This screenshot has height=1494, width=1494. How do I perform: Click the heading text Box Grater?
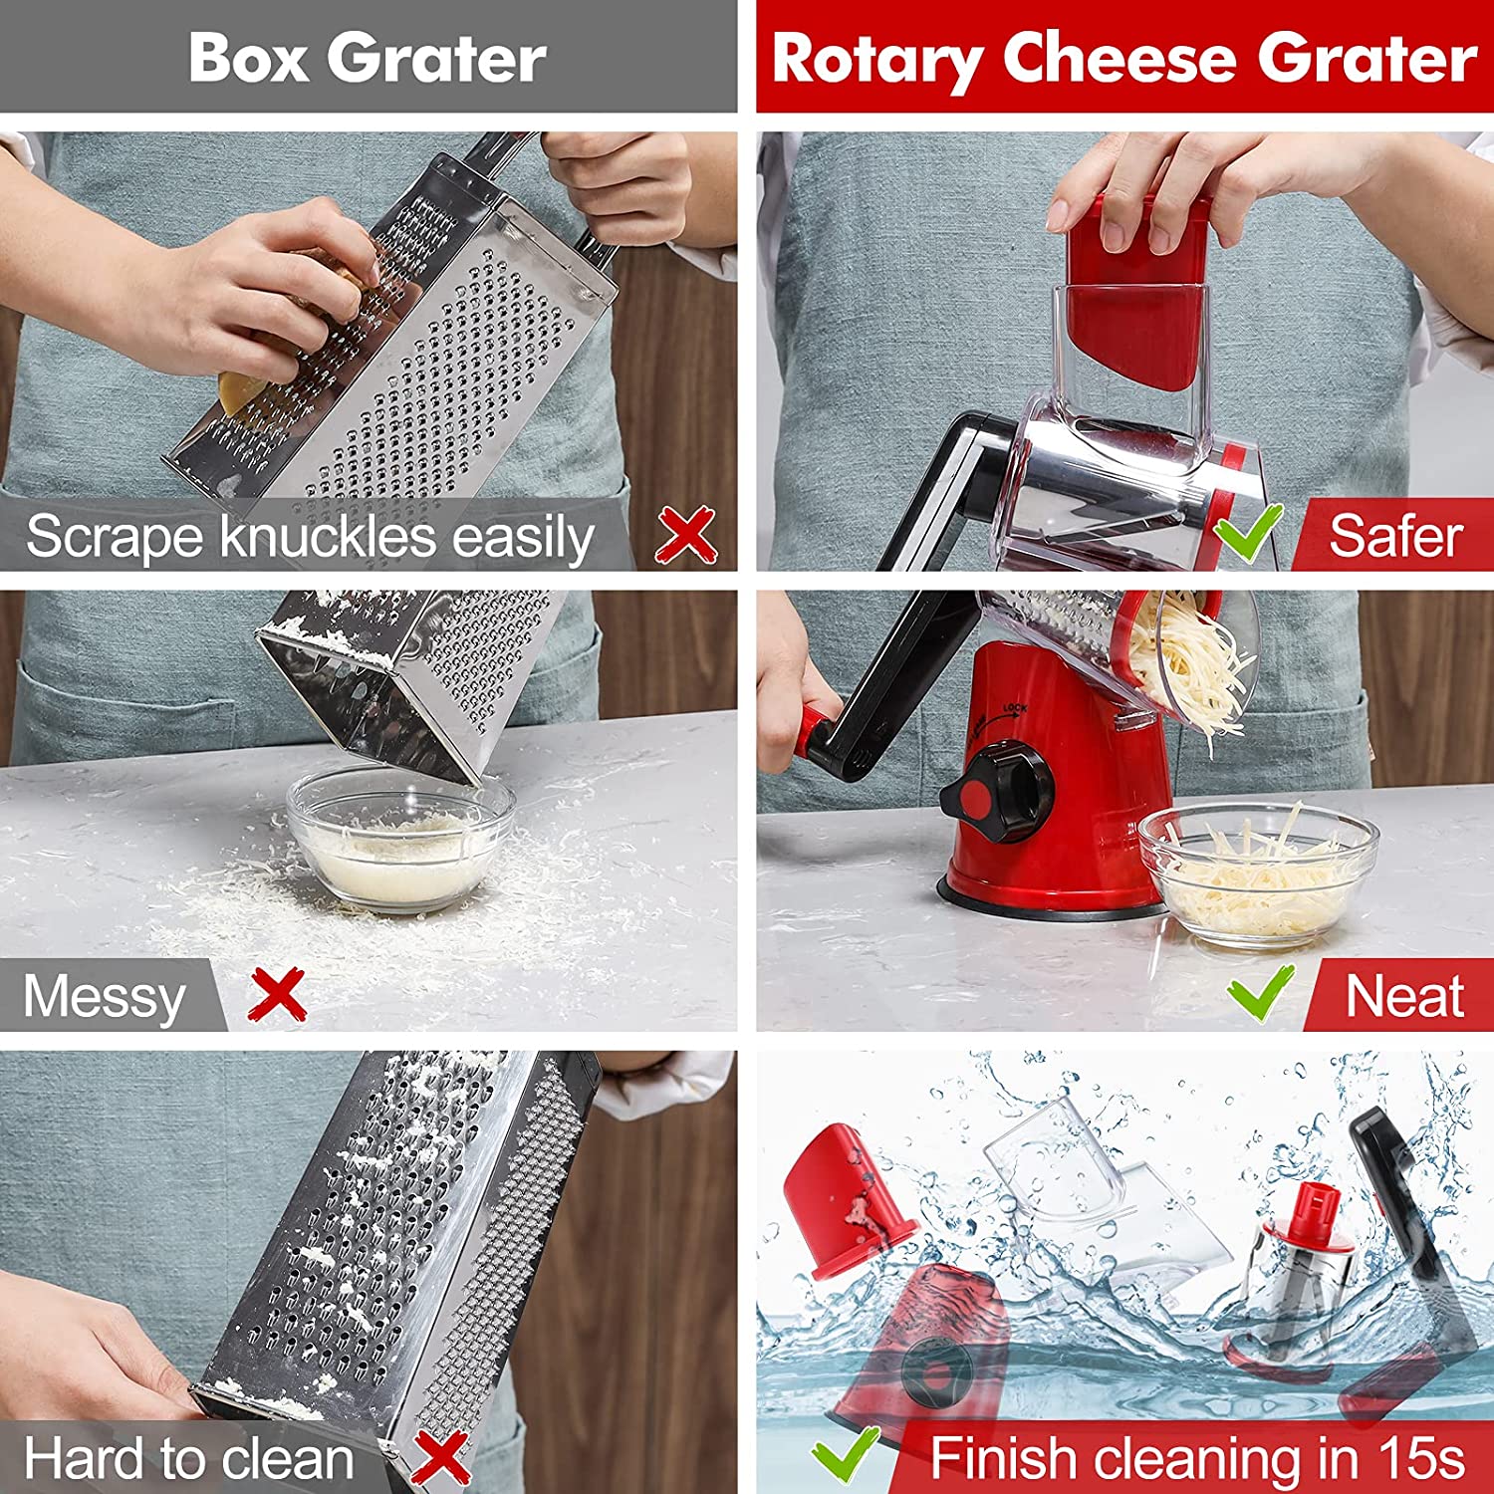pyautogui.click(x=368, y=57)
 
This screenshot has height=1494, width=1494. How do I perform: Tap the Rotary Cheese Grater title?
pyautogui.click(x=1124, y=59)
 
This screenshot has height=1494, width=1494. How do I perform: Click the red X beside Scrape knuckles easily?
pyautogui.click(x=686, y=535)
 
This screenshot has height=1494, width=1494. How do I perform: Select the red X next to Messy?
pyautogui.click(x=278, y=995)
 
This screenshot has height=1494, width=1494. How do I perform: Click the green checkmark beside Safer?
pyautogui.click(x=1249, y=534)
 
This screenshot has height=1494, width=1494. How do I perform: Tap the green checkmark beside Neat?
pyautogui.click(x=1261, y=993)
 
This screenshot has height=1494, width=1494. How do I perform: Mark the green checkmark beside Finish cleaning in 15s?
pyautogui.click(x=847, y=1455)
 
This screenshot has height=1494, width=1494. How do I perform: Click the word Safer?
pyautogui.click(x=1396, y=536)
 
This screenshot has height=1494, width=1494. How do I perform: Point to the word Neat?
pyautogui.click(x=1404, y=996)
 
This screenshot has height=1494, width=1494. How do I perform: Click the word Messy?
pyautogui.click(x=105, y=997)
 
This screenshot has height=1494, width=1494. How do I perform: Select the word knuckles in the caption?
pyautogui.click(x=328, y=536)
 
